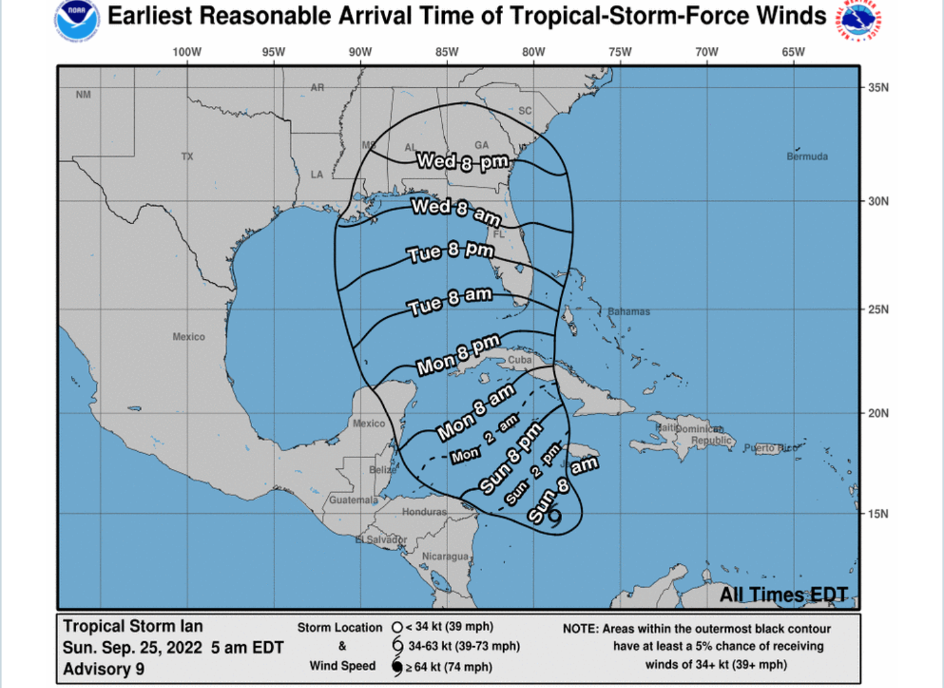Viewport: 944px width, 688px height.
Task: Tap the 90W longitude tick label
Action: [x=360, y=52]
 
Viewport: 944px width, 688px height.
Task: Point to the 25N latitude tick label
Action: [x=878, y=309]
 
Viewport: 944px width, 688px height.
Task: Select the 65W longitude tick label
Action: [x=793, y=52]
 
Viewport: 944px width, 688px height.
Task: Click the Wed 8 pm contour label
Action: [x=462, y=162]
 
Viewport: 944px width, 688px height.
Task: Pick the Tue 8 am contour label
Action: [x=450, y=301]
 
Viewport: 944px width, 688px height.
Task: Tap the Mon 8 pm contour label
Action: [x=458, y=355]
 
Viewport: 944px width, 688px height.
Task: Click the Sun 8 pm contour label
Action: [x=511, y=457]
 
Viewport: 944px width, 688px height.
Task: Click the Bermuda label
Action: [x=807, y=156]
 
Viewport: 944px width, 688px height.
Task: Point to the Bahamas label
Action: [x=628, y=312]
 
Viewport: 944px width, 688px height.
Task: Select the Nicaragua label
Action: [x=445, y=556]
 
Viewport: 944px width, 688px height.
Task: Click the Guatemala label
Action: [x=353, y=500]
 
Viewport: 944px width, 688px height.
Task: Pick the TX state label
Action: [x=187, y=156]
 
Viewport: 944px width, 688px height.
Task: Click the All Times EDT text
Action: [x=783, y=595]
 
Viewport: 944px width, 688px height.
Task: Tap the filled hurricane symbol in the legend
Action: [x=397, y=666]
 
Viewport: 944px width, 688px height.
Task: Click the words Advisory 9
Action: [x=103, y=669]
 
